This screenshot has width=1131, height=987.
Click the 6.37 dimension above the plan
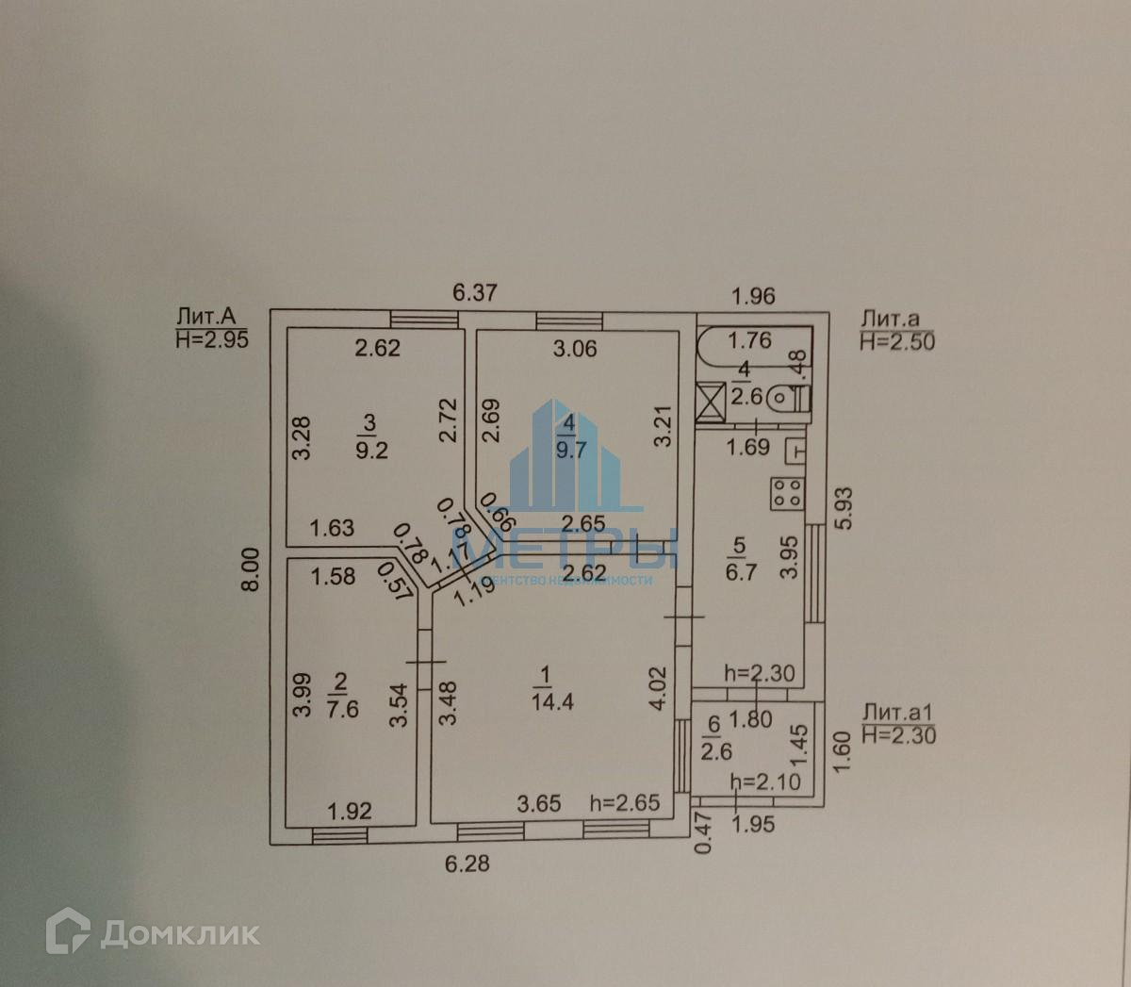click(x=474, y=292)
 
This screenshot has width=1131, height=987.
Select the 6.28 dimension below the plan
click(x=467, y=863)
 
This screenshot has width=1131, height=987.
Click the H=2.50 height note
click(x=897, y=341)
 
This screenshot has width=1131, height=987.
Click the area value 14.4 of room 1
click(x=552, y=701)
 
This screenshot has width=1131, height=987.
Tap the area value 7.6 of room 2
click(x=342, y=709)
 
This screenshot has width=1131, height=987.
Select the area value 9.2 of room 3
click(x=371, y=450)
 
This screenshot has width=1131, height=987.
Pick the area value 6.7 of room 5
click(x=741, y=572)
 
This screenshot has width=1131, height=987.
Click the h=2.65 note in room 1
click(x=625, y=803)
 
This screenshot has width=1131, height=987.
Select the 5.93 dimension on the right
click(x=843, y=507)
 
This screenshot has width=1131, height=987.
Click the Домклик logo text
click(x=179, y=933)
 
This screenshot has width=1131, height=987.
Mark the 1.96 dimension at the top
click(x=753, y=296)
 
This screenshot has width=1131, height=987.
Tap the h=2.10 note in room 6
click(x=765, y=781)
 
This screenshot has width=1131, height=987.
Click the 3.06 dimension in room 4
click(x=575, y=349)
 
